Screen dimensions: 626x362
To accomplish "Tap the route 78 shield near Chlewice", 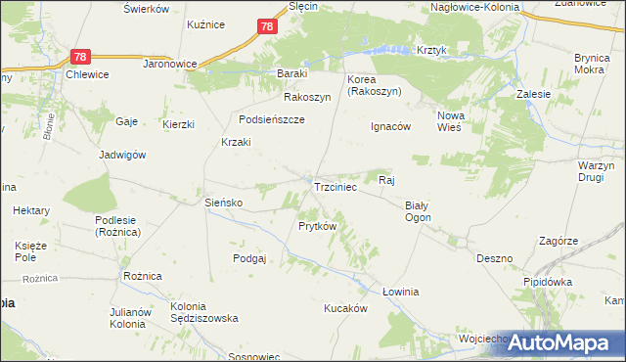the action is (x=81, y=58).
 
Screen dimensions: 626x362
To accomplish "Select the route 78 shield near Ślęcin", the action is (x=267, y=26).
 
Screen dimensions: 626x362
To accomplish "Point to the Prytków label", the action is (x=317, y=226).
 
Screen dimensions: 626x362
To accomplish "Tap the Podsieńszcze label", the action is (x=272, y=119).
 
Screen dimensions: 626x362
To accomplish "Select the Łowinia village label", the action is (x=400, y=292).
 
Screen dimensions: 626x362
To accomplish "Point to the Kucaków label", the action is (x=345, y=307).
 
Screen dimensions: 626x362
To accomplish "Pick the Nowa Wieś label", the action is (x=450, y=121).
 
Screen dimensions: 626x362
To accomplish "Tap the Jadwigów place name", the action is (x=122, y=155).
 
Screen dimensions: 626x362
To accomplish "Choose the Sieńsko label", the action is (x=223, y=203).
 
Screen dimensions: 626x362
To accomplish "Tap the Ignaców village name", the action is (x=390, y=126).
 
